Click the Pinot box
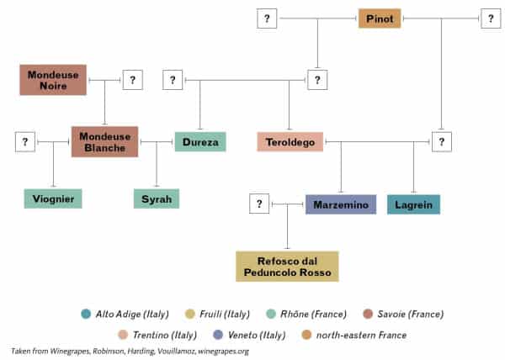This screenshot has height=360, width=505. pos(380,18)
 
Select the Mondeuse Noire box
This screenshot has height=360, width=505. pos(53,80)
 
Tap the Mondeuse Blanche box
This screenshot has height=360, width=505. pos(104,141)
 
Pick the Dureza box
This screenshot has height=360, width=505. pos(200,142)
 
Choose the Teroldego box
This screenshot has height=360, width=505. pos(290,142)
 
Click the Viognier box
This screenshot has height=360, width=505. pos(53,199)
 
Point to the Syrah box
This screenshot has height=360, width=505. pos(157,199)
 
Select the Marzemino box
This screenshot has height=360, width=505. pos(340,204)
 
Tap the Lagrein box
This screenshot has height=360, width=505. pos(413,204)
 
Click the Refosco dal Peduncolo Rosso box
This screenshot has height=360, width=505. pos(288,266)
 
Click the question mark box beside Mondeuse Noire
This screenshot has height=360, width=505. pos(133,80)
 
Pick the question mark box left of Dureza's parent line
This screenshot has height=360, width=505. pos(172,80)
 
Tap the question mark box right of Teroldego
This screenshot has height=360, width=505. pos(441,141)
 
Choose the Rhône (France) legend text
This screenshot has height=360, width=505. pos(314,314)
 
